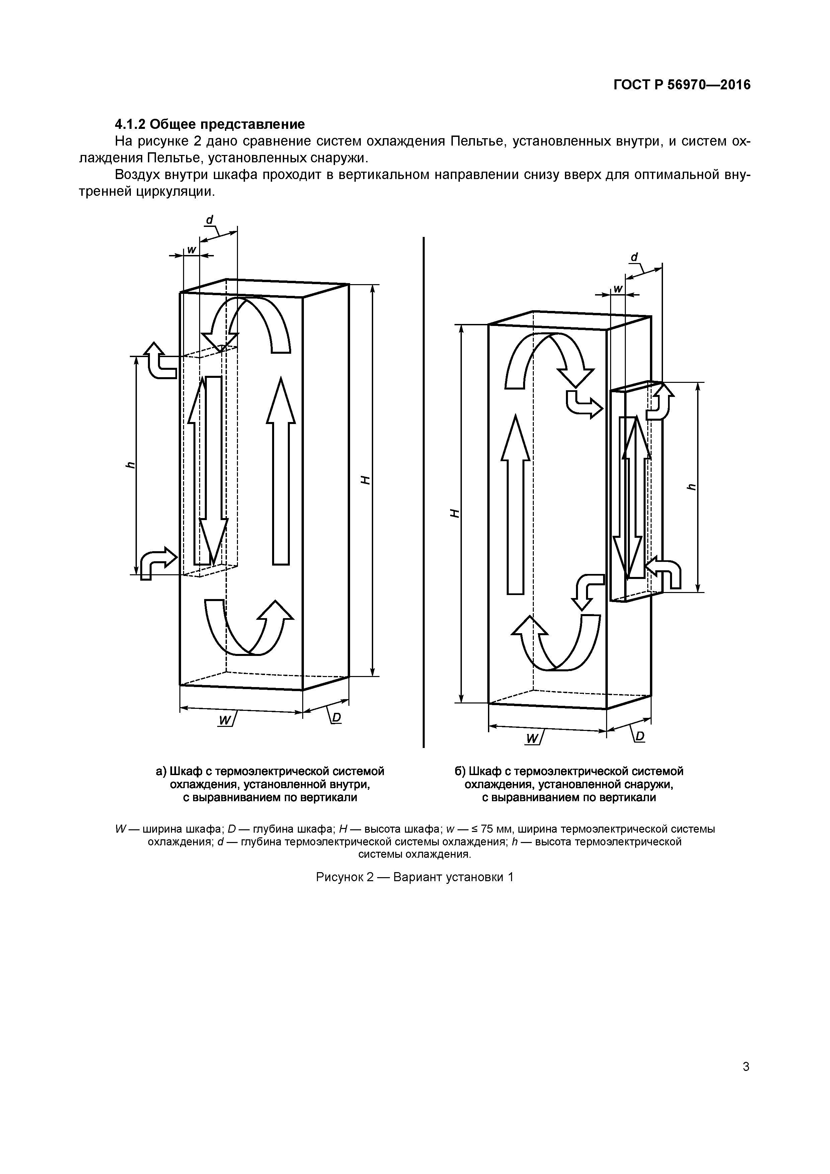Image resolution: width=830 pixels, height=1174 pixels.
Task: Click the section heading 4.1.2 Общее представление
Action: click(210, 124)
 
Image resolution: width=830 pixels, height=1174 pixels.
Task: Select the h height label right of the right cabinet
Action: click(691, 486)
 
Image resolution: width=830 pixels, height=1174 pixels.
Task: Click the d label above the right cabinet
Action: click(634, 257)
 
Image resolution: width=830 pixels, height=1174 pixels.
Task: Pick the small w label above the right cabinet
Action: click(618, 289)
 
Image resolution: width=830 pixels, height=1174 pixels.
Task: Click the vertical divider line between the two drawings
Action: click(424, 491)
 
